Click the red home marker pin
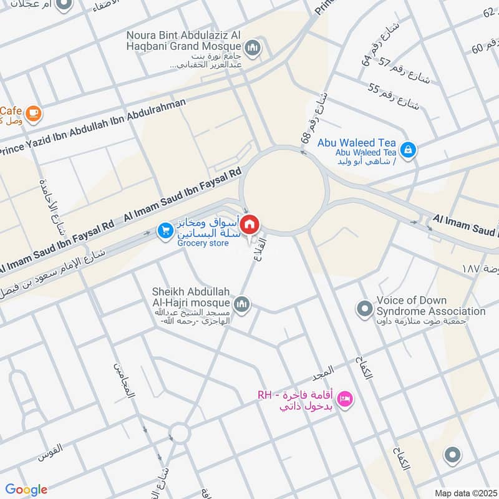pyautogui.click(x=250, y=223)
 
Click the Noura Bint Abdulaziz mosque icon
pyautogui.click(x=253, y=47)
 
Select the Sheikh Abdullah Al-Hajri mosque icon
pyautogui.click(x=243, y=304)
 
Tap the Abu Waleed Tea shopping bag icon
pyautogui.click(x=408, y=150)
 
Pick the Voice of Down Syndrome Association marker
pyautogui.click(x=364, y=308)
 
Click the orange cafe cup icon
pyautogui.click(x=34, y=113)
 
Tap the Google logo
pyautogui.click(x=26, y=490)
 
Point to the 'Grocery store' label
pyautogui.click(x=203, y=243)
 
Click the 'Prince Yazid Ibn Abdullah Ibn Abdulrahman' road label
pyautogui.click(x=94, y=127)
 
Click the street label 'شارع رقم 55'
pyautogui.click(x=394, y=95)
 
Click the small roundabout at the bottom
pyautogui.click(x=180, y=433)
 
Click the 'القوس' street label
pyautogui.click(x=51, y=448)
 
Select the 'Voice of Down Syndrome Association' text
pyautogui.click(x=430, y=306)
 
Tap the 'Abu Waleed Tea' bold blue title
pyautogui.click(x=356, y=143)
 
